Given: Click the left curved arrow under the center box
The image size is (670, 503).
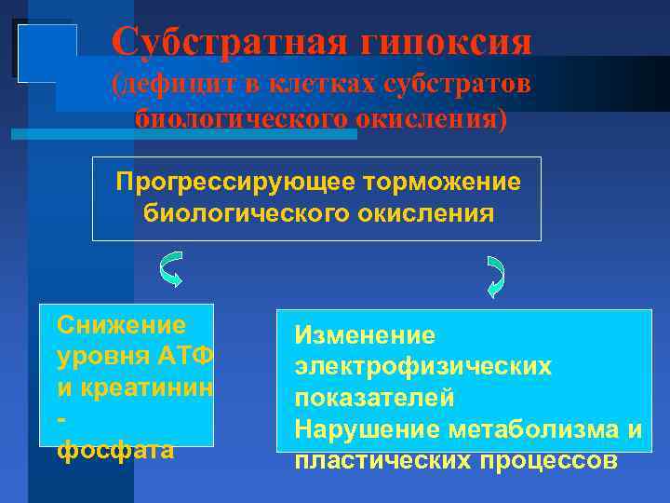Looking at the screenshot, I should pyautogui.click(x=170, y=269).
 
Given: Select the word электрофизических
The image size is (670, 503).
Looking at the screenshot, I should pyautogui.click(x=422, y=366).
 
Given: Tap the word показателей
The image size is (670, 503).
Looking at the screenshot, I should pyautogui.click(x=374, y=398).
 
